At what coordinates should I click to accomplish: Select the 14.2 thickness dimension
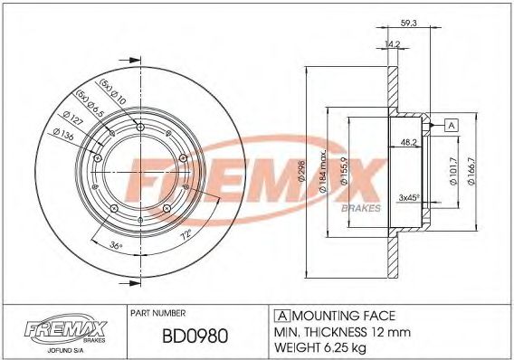coord(393,43)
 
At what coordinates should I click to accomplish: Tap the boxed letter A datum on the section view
coord(451,125)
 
